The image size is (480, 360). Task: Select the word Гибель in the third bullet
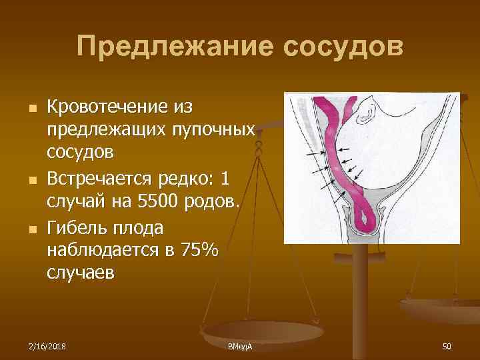point(75,227)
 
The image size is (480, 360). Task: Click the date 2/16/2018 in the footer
point(47,346)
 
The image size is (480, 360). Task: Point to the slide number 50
point(446,346)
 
